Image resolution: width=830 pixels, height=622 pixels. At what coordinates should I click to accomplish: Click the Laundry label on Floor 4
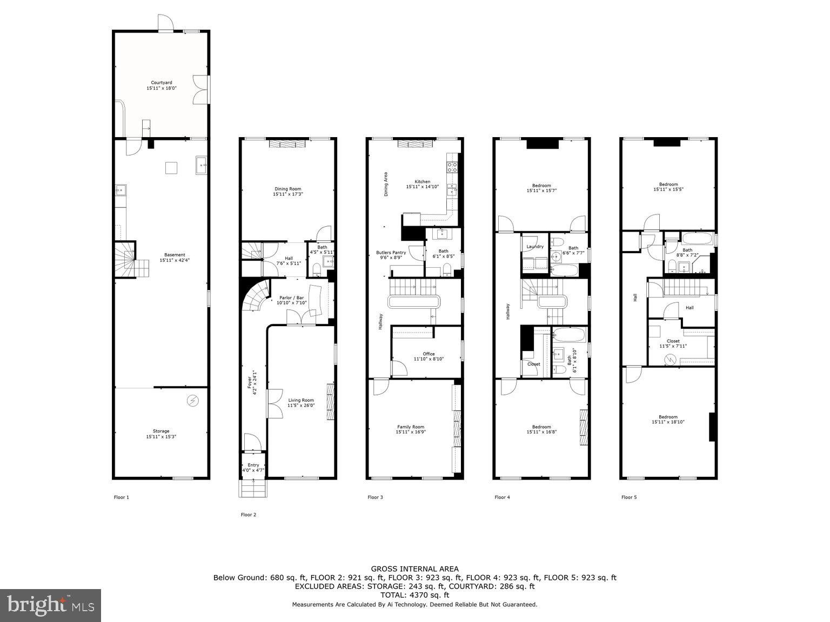pyautogui.click(x=534, y=247)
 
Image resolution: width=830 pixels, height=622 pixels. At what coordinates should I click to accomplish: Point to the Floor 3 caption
pyautogui.click(x=375, y=497)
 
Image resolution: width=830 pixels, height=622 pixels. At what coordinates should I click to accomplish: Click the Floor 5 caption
pyautogui.click(x=629, y=497)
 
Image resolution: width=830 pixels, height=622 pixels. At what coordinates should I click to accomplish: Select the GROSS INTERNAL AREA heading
pyautogui.click(x=414, y=569)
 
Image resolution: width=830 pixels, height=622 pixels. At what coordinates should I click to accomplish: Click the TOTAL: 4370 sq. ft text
pyautogui.click(x=414, y=595)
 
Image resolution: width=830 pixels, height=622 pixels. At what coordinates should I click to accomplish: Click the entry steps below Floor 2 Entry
pyautogui.click(x=253, y=489)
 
